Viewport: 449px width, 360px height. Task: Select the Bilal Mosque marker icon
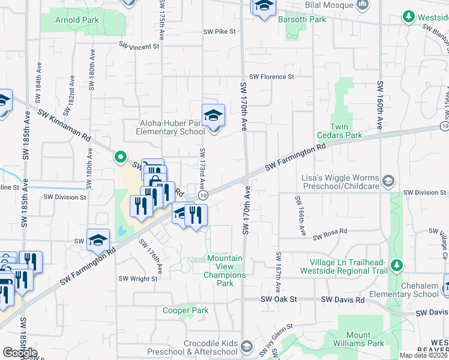click(362, 5)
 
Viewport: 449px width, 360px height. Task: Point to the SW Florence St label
click(271, 77)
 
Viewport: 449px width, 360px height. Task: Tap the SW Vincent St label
click(139, 46)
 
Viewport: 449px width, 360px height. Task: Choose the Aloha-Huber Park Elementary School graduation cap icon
click(213, 115)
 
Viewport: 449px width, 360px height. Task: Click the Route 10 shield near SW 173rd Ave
click(204, 195)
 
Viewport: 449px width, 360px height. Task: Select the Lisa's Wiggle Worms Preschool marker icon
click(388, 180)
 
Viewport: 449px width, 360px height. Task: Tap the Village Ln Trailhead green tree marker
click(396, 265)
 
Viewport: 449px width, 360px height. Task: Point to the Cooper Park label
click(185, 310)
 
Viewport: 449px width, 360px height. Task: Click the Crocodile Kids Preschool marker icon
click(246, 346)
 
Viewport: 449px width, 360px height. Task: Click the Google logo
click(20, 353)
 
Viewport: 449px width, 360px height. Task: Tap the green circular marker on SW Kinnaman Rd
click(121, 157)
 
